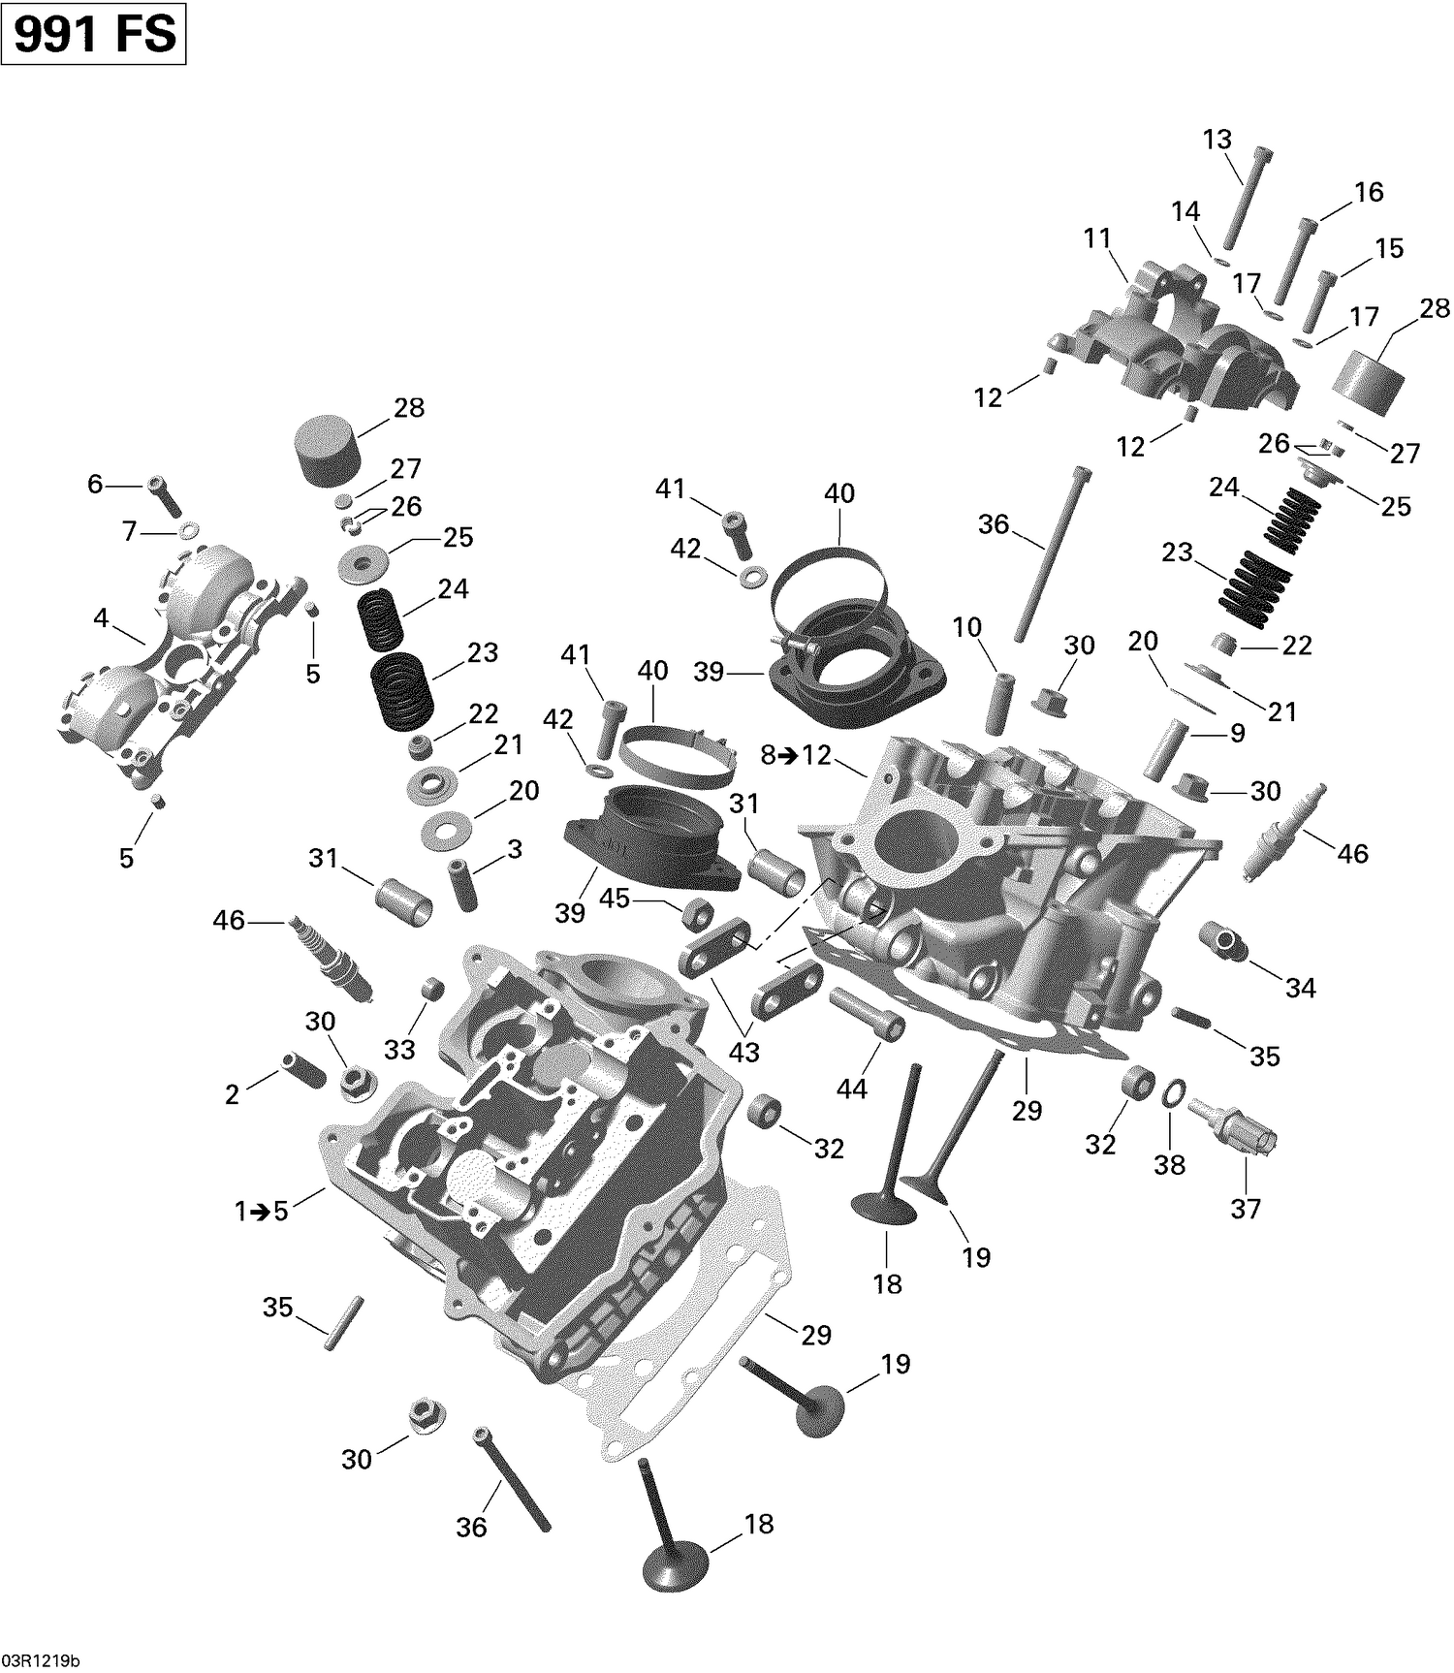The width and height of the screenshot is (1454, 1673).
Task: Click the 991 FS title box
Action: pyautogui.click(x=94, y=34)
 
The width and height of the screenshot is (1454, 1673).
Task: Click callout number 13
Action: pyautogui.click(x=1217, y=139)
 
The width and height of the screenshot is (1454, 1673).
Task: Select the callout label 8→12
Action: pyautogui.click(x=796, y=754)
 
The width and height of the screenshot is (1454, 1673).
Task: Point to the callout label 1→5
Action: pyautogui.click(x=262, y=1211)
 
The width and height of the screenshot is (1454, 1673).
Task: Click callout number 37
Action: pyautogui.click(x=1246, y=1208)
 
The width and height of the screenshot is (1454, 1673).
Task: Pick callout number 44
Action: pyautogui.click(x=851, y=1089)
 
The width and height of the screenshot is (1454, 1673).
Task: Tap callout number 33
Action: pyautogui.click(x=399, y=1049)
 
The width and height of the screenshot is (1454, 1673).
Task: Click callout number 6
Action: pyautogui.click(x=95, y=483)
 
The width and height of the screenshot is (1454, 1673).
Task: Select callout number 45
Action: pyautogui.click(x=615, y=899)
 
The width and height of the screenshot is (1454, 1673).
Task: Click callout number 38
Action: pyautogui.click(x=1169, y=1164)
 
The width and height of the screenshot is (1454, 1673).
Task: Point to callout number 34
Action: pyautogui.click(x=1300, y=988)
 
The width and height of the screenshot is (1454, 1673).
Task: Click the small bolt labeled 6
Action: pyautogui.click(x=165, y=496)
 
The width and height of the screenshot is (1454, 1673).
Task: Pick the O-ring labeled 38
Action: pyautogui.click(x=1171, y=1094)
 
